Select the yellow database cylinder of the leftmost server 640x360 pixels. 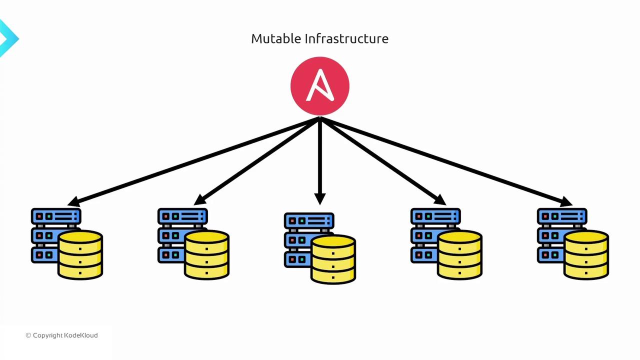80,254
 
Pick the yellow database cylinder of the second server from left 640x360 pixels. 207,254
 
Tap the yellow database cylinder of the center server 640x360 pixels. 333,259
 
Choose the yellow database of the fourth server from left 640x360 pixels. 460,254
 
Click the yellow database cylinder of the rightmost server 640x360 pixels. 586,254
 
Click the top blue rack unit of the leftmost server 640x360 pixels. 56,216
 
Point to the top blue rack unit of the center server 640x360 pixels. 309,220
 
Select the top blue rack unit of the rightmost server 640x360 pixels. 562,216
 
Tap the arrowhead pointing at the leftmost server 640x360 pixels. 74,201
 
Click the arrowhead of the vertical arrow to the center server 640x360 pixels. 320,199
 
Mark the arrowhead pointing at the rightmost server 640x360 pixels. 566,201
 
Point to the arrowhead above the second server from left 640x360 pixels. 200,199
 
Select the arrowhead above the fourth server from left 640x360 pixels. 439,199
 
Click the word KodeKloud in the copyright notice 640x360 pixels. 81,335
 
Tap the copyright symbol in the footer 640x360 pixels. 28,335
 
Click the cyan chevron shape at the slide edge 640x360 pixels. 8,38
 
